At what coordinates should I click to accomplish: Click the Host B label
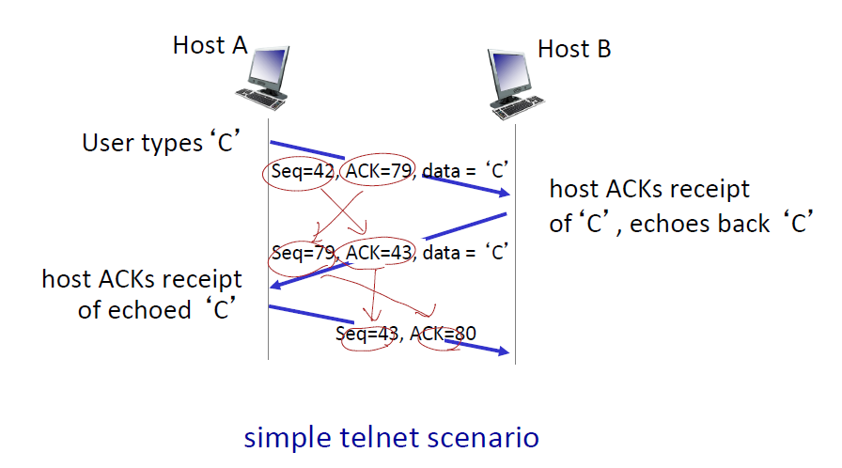click(x=574, y=48)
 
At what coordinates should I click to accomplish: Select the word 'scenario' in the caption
click(x=486, y=437)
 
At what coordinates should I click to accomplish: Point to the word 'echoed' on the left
click(x=157, y=309)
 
